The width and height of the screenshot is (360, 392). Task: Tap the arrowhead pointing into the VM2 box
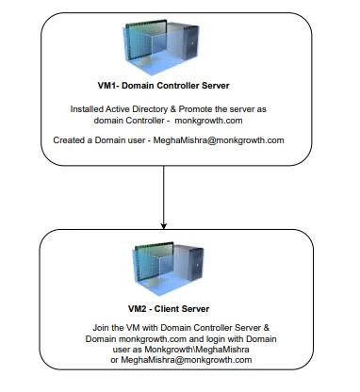point(164,224)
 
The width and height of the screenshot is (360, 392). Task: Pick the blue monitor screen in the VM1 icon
point(145,42)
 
